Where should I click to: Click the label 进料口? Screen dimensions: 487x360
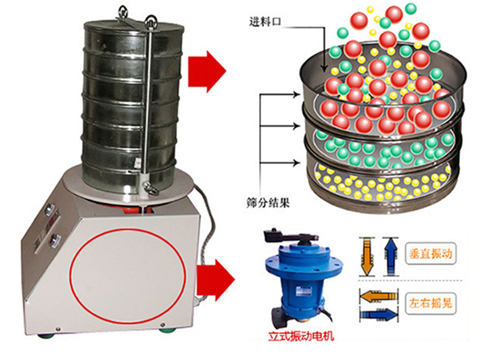(x=265, y=22)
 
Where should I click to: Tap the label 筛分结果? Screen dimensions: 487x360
(x=268, y=202)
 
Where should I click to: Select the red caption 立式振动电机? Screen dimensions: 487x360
(x=301, y=336)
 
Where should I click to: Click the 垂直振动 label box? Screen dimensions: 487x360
(x=430, y=254)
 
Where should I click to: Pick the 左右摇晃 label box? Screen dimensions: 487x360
(x=430, y=303)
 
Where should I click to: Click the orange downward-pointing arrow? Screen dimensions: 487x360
(x=367, y=256)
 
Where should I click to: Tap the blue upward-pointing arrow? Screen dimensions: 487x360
(x=390, y=256)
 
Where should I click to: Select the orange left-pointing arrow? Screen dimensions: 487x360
(x=379, y=296)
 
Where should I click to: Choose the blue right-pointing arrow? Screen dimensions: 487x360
(x=379, y=315)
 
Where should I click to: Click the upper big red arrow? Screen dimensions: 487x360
(x=206, y=72)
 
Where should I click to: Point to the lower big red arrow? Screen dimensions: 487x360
(x=216, y=280)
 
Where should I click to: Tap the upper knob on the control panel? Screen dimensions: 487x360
(x=49, y=209)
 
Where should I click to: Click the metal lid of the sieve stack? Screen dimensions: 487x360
(x=133, y=27)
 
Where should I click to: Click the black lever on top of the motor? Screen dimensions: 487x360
(x=289, y=238)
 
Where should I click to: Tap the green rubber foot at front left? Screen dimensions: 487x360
(x=47, y=336)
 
